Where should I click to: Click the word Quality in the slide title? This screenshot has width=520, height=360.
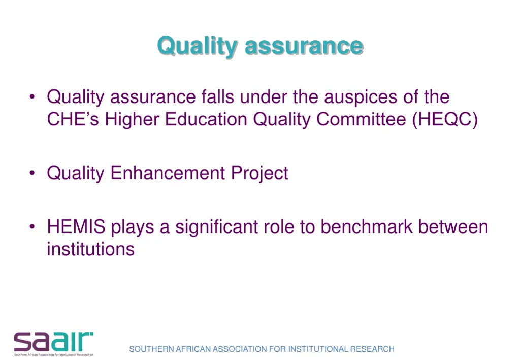click(x=197, y=46)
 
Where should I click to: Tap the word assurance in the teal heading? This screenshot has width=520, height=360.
click(x=304, y=46)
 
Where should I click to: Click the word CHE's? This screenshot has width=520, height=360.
click(x=73, y=119)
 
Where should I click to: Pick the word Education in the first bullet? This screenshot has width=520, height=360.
click(x=206, y=119)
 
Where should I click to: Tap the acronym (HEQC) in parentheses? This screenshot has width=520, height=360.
click(x=445, y=119)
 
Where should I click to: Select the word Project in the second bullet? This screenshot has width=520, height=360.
click(x=259, y=173)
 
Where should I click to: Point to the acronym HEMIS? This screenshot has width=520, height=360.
click(x=76, y=226)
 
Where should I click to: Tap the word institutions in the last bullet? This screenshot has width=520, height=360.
click(x=91, y=249)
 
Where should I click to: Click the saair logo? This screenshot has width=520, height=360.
click(x=54, y=344)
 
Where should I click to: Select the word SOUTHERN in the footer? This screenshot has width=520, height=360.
click(x=151, y=349)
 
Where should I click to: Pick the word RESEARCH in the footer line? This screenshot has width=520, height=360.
click(x=372, y=349)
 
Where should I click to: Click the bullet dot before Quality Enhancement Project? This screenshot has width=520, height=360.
click(x=32, y=174)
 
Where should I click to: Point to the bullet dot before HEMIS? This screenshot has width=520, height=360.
click(x=32, y=227)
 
